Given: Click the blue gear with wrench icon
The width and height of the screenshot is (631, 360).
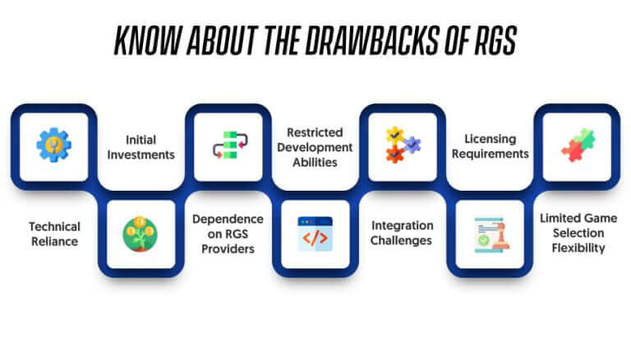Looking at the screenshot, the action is [54, 145].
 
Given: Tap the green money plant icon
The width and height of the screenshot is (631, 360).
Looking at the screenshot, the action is [140, 234].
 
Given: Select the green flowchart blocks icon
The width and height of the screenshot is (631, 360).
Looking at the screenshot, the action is [230, 145].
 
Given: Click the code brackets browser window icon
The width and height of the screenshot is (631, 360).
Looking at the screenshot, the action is [315, 234].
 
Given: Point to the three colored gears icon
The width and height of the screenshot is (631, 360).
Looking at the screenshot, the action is [403, 145].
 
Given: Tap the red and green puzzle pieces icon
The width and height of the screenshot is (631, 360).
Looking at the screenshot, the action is [578, 145].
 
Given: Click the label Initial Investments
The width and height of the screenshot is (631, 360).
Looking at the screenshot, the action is [140, 147].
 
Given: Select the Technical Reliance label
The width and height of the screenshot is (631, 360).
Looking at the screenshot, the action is [55, 234].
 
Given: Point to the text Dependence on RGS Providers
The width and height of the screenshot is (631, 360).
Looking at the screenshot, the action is [228, 234].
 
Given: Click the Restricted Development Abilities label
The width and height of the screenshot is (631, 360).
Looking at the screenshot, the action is [315, 147].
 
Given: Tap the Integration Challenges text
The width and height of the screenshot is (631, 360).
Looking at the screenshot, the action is [402, 233].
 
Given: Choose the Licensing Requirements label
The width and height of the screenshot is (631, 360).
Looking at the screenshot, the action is [491, 146].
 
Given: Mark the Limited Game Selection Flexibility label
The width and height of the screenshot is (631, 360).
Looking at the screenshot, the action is [578, 233].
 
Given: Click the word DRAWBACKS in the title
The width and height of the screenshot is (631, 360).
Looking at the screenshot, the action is [371, 40].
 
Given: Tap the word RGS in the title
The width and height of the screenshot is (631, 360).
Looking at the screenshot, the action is [495, 40].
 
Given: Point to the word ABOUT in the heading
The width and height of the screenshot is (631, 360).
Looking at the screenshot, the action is [222, 40].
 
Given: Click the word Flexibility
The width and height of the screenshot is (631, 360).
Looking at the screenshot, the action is [578, 248].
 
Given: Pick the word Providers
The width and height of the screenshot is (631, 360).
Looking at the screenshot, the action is [228, 249].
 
